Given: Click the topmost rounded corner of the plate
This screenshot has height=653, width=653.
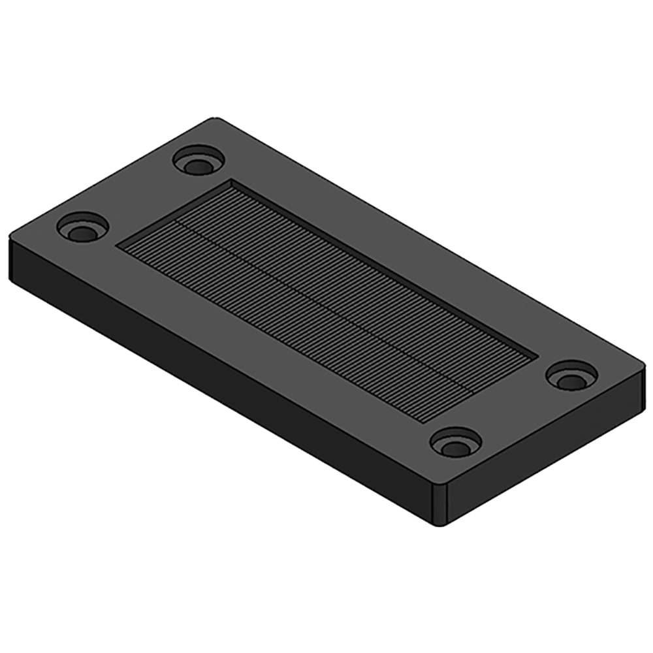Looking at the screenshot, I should pos(213,120).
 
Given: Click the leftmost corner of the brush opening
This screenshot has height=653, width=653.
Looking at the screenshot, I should pos(119,246).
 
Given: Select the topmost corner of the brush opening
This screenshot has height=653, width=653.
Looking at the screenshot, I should pos(232,181).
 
